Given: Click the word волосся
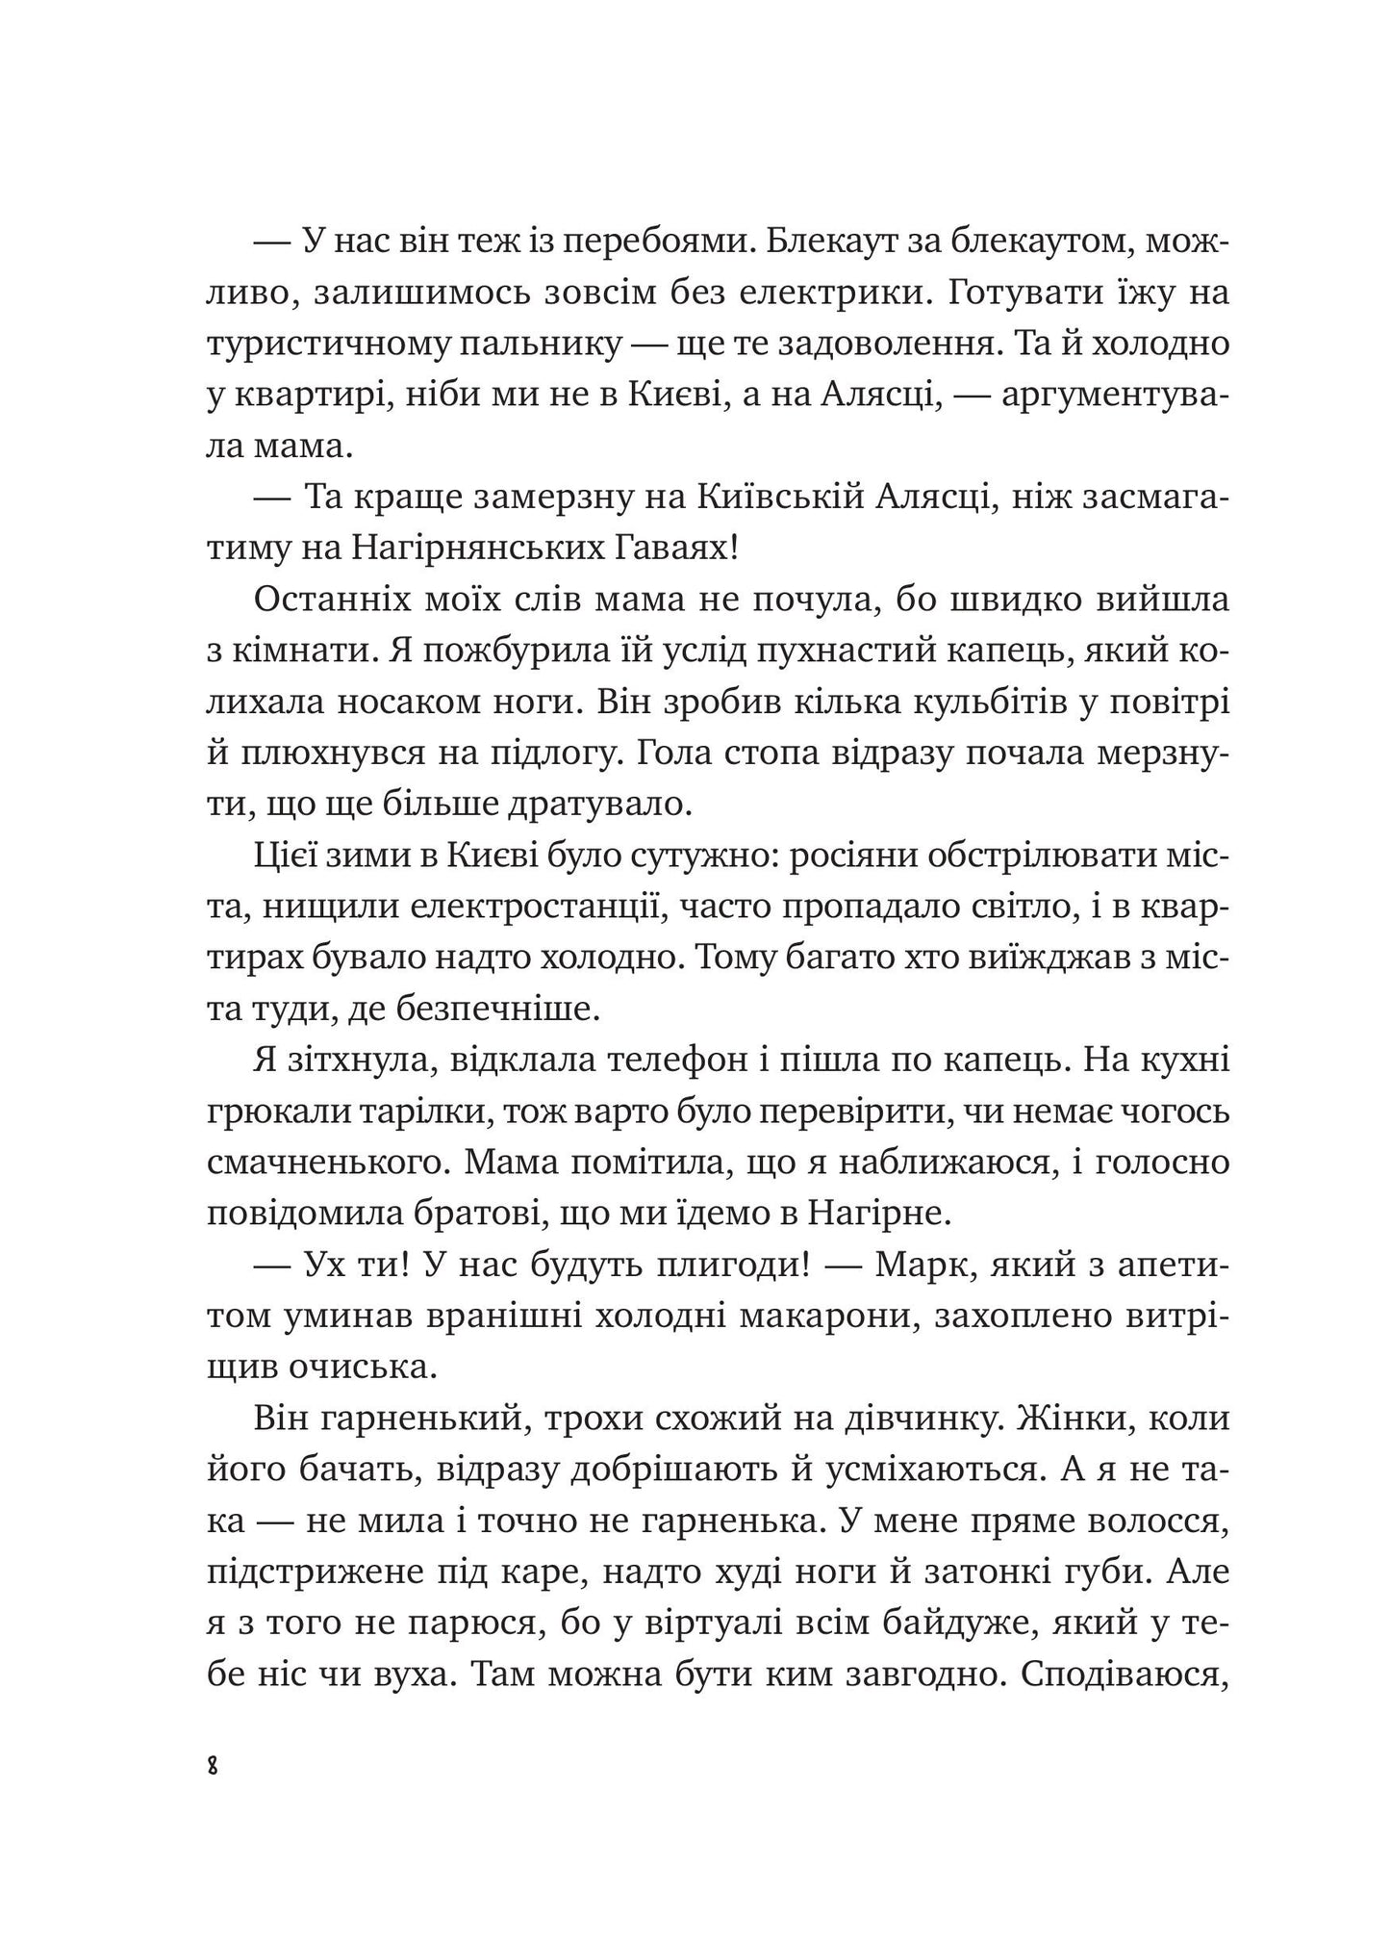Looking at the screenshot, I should [x=1152, y=1521].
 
